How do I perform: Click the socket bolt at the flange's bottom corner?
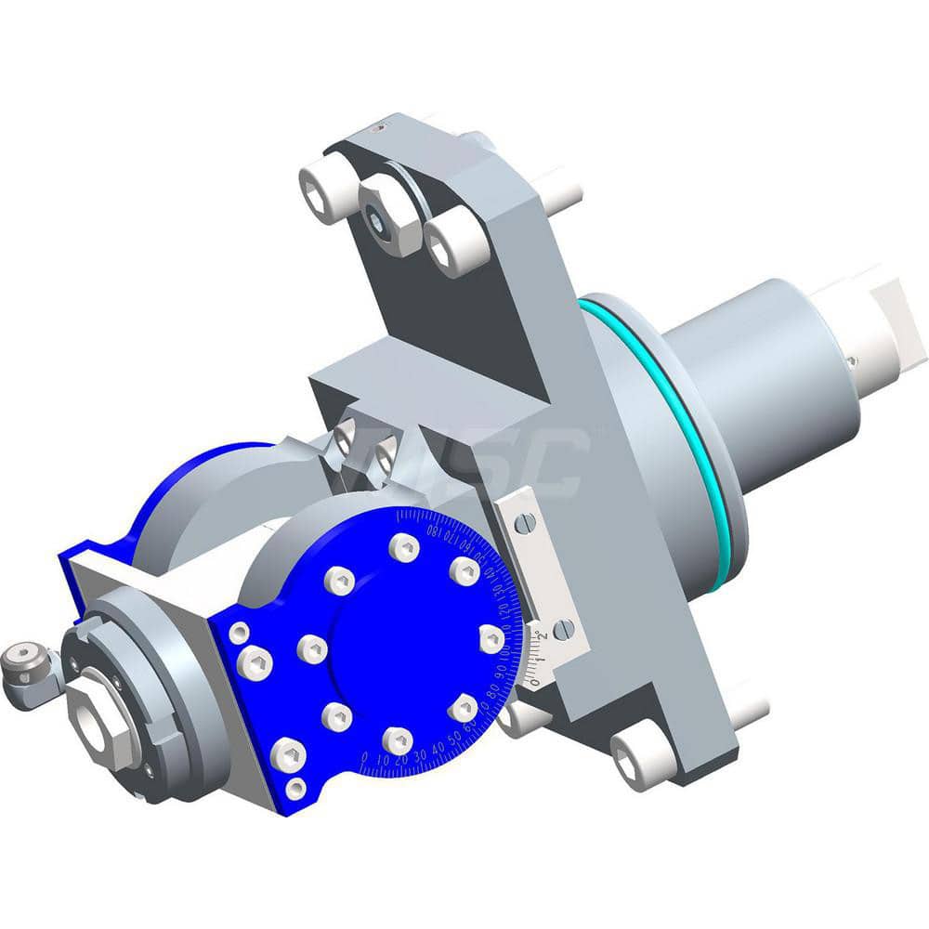[640, 758]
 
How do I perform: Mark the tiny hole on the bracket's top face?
[377, 131]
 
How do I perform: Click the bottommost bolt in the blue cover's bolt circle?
[398, 739]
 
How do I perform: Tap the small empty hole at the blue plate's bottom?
[296, 789]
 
